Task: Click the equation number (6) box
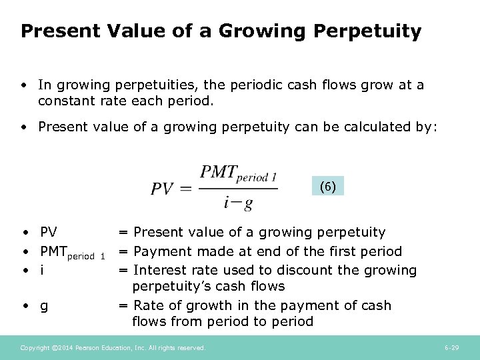[327, 187]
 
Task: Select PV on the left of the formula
[163, 189]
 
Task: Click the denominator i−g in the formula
[238, 202]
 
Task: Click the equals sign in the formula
[186, 189]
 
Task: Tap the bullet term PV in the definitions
[48, 233]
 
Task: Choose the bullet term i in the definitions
[43, 271]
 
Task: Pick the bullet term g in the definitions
[43, 307]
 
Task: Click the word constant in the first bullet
[66, 101]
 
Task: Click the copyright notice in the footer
[113, 348]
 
